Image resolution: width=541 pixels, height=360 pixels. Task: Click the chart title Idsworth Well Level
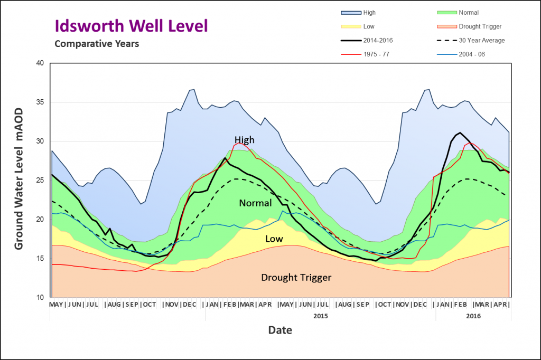coord(132,26)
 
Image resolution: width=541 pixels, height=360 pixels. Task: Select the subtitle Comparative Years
coord(97,44)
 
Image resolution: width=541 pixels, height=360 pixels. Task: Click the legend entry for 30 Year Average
coord(471,40)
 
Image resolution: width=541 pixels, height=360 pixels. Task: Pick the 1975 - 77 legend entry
coord(365,54)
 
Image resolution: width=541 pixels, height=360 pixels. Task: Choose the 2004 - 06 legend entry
coord(461,54)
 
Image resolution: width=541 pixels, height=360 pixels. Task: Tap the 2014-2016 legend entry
coord(367,40)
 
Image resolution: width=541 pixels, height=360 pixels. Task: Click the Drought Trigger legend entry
coord(469,26)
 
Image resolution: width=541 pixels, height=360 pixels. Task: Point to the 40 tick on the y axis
coord(40,63)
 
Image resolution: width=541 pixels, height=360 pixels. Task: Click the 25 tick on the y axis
coord(40,181)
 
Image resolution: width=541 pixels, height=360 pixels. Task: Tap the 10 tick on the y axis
coord(40,297)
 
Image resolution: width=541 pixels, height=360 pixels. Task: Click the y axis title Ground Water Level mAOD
coord(18,178)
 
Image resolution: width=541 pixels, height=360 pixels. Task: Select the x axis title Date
coord(280,330)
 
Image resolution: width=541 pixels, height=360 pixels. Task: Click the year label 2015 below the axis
coord(321,316)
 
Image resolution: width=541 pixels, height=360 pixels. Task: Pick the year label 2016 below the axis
coord(473,316)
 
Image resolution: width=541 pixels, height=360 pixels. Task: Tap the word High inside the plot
coord(244,140)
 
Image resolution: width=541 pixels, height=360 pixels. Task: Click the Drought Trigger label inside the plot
coord(296,277)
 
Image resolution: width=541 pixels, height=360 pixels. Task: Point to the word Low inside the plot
coord(274,239)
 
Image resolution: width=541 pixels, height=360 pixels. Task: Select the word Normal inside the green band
coord(255,203)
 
